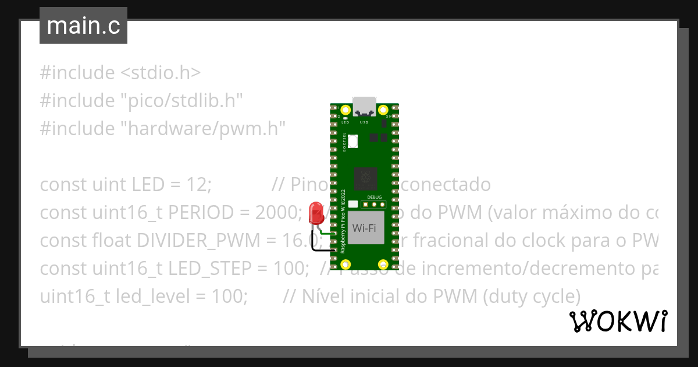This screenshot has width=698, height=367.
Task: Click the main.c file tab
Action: coord(83,26)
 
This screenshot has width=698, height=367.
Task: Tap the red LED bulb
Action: coord(316,212)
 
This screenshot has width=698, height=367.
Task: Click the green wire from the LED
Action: coord(327,235)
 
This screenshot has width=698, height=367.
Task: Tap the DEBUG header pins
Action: coord(372,204)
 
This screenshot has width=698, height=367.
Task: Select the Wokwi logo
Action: coord(618,321)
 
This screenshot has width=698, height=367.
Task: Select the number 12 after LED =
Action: coord(197,185)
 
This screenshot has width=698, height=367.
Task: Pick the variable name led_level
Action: coord(152,297)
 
